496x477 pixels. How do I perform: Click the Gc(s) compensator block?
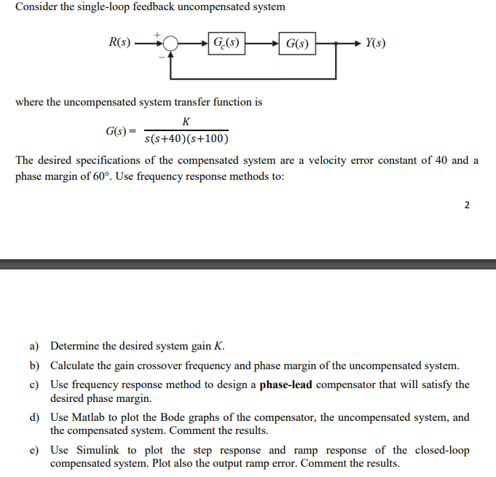226,43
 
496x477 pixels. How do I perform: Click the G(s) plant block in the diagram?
296,43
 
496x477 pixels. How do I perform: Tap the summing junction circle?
170,44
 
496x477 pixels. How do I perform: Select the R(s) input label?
119,43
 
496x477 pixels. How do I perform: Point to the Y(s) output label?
376,43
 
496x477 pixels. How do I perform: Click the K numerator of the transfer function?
186,122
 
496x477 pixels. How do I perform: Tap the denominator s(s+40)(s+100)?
186,139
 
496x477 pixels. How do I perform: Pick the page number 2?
467,205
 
